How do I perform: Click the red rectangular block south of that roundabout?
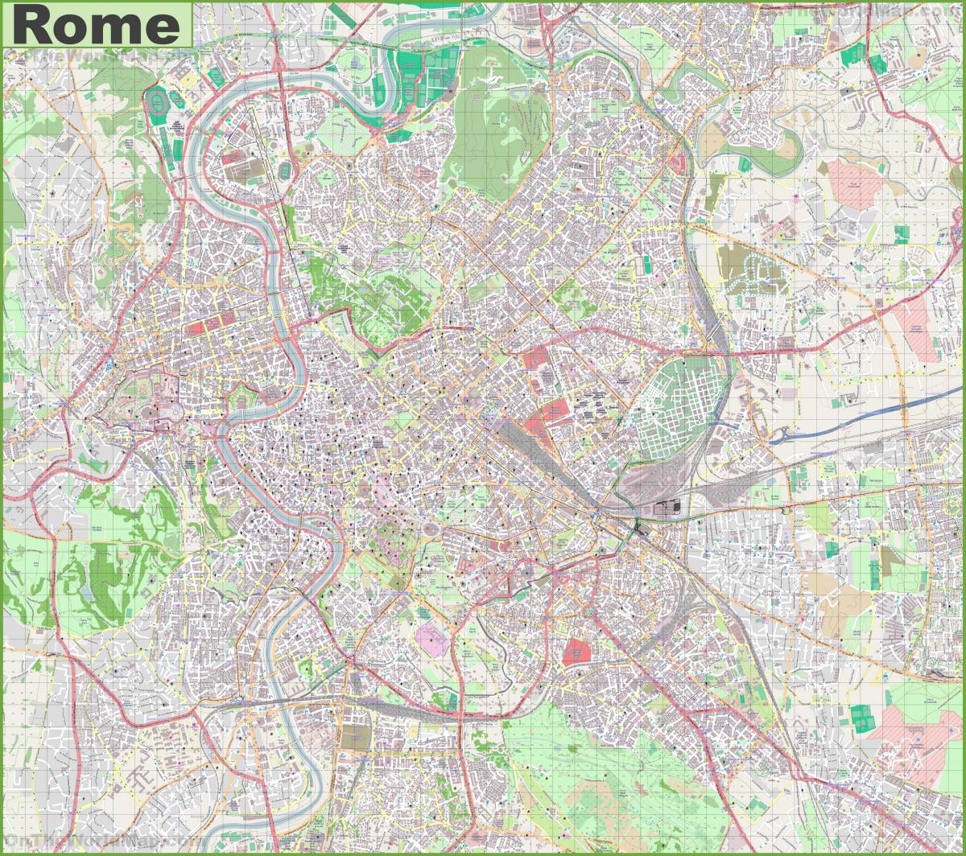coord(576,652)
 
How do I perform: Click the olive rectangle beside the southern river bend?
coord(352,739)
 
